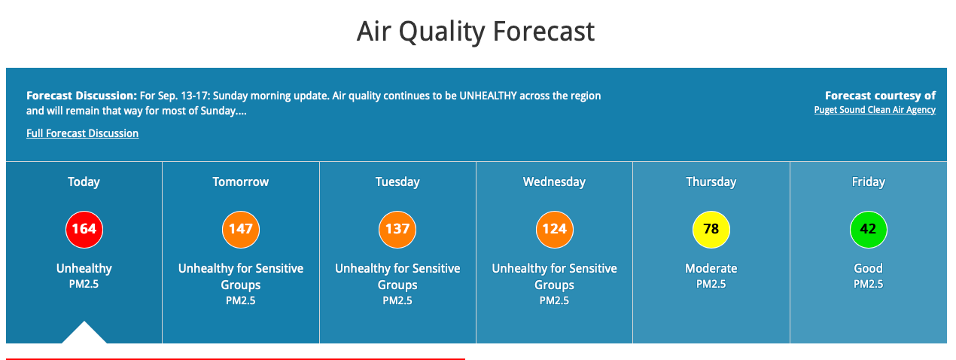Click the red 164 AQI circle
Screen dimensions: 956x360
click(x=84, y=230)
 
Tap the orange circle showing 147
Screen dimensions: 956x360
click(x=241, y=230)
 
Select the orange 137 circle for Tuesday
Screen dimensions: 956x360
click(x=397, y=230)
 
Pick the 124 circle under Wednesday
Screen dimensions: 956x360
click(x=554, y=230)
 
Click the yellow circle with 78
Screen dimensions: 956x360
click(x=711, y=230)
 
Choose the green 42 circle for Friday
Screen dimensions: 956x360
click(x=869, y=230)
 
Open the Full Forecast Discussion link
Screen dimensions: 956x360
click(x=82, y=133)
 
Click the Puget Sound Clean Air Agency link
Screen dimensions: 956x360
click(x=875, y=110)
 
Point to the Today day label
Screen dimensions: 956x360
click(x=84, y=182)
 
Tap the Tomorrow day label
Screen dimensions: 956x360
click(x=241, y=182)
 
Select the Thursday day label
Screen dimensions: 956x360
click(x=711, y=182)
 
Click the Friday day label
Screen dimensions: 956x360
click(x=869, y=182)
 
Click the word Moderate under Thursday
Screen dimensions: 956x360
click(x=711, y=268)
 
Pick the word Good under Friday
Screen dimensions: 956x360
click(x=869, y=268)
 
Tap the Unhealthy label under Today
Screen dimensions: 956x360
click(x=84, y=269)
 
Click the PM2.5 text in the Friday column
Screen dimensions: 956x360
click(x=869, y=285)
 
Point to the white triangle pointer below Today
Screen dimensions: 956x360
click(x=84, y=332)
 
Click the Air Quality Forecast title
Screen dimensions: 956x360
click(x=476, y=32)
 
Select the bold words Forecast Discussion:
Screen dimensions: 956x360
click(x=81, y=96)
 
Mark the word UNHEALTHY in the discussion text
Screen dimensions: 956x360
click(x=488, y=96)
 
